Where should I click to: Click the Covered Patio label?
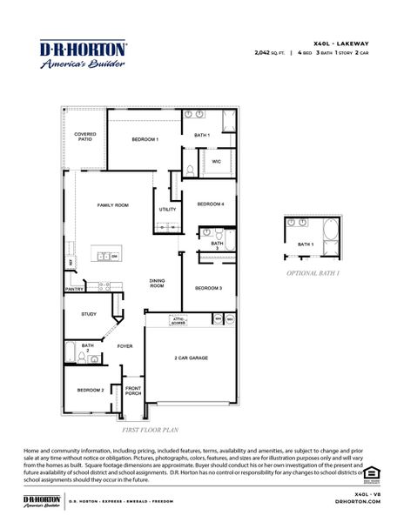(84, 137)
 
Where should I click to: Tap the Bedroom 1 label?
(145, 139)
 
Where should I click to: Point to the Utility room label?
(167, 209)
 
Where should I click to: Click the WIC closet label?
(216, 161)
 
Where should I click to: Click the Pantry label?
(74, 289)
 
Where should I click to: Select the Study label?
(89, 313)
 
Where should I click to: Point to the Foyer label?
(125, 346)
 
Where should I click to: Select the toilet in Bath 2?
(93, 358)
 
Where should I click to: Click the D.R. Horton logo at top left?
(84, 53)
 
